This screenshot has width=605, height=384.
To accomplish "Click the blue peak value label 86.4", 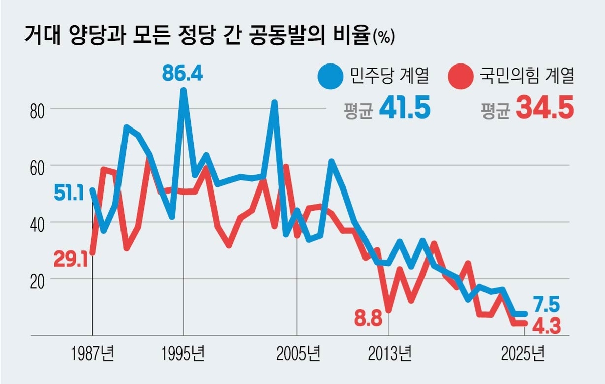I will point(183,74).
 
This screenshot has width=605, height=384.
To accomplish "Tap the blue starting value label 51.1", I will point(70,193).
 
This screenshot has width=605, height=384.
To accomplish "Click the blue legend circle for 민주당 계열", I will point(330,76).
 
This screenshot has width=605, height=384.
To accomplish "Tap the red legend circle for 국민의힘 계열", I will point(460,76).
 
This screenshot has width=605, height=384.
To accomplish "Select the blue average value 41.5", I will point(405,109).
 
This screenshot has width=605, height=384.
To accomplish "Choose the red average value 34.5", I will point(545,109).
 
